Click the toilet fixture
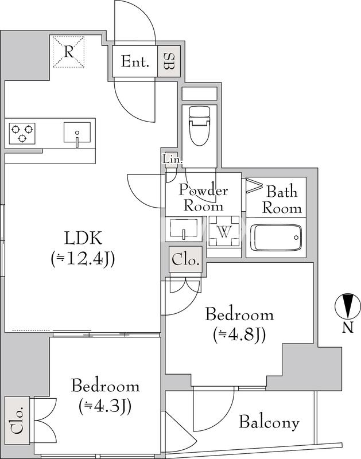pos(200,126)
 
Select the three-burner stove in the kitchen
pos(22,133)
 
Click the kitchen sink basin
pos(77,133)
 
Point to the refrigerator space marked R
pos(68,52)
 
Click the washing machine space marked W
pos(224,232)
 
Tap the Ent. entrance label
pos(135,62)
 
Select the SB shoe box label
pos(169,61)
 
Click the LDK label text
pos(83,238)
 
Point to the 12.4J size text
pos(83,259)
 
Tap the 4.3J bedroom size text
pos(105,406)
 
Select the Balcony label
pos(269,422)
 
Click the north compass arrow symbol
pos(348,306)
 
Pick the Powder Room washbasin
pos(184,228)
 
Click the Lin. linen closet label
pos(172,160)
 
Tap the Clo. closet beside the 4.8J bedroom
pos(185,260)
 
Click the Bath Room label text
pos(282,200)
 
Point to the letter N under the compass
pos(348,327)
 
